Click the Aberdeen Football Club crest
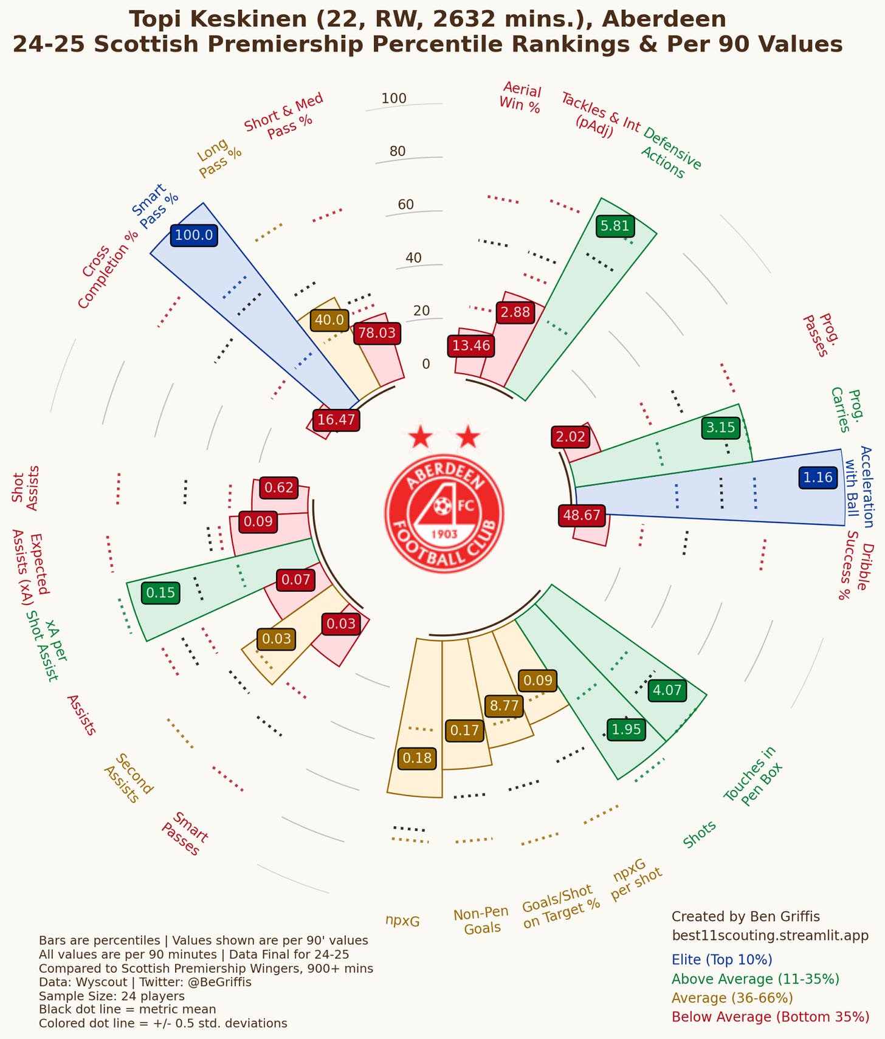tap(444, 514)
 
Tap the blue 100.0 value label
tap(194, 235)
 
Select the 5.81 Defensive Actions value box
tap(615, 226)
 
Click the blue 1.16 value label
tap(818, 477)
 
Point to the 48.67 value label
tap(582, 515)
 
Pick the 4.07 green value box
tap(667, 690)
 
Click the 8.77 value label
tap(504, 705)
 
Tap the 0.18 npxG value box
tap(417, 758)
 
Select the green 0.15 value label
tap(160, 592)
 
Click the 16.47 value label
tap(336, 419)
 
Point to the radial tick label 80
tap(398, 151)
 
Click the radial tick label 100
tap(394, 98)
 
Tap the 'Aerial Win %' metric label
tap(520, 97)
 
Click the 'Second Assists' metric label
tap(128, 778)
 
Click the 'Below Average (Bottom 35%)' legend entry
tap(770, 1017)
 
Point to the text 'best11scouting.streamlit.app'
tap(770, 935)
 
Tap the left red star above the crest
tap(420, 437)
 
